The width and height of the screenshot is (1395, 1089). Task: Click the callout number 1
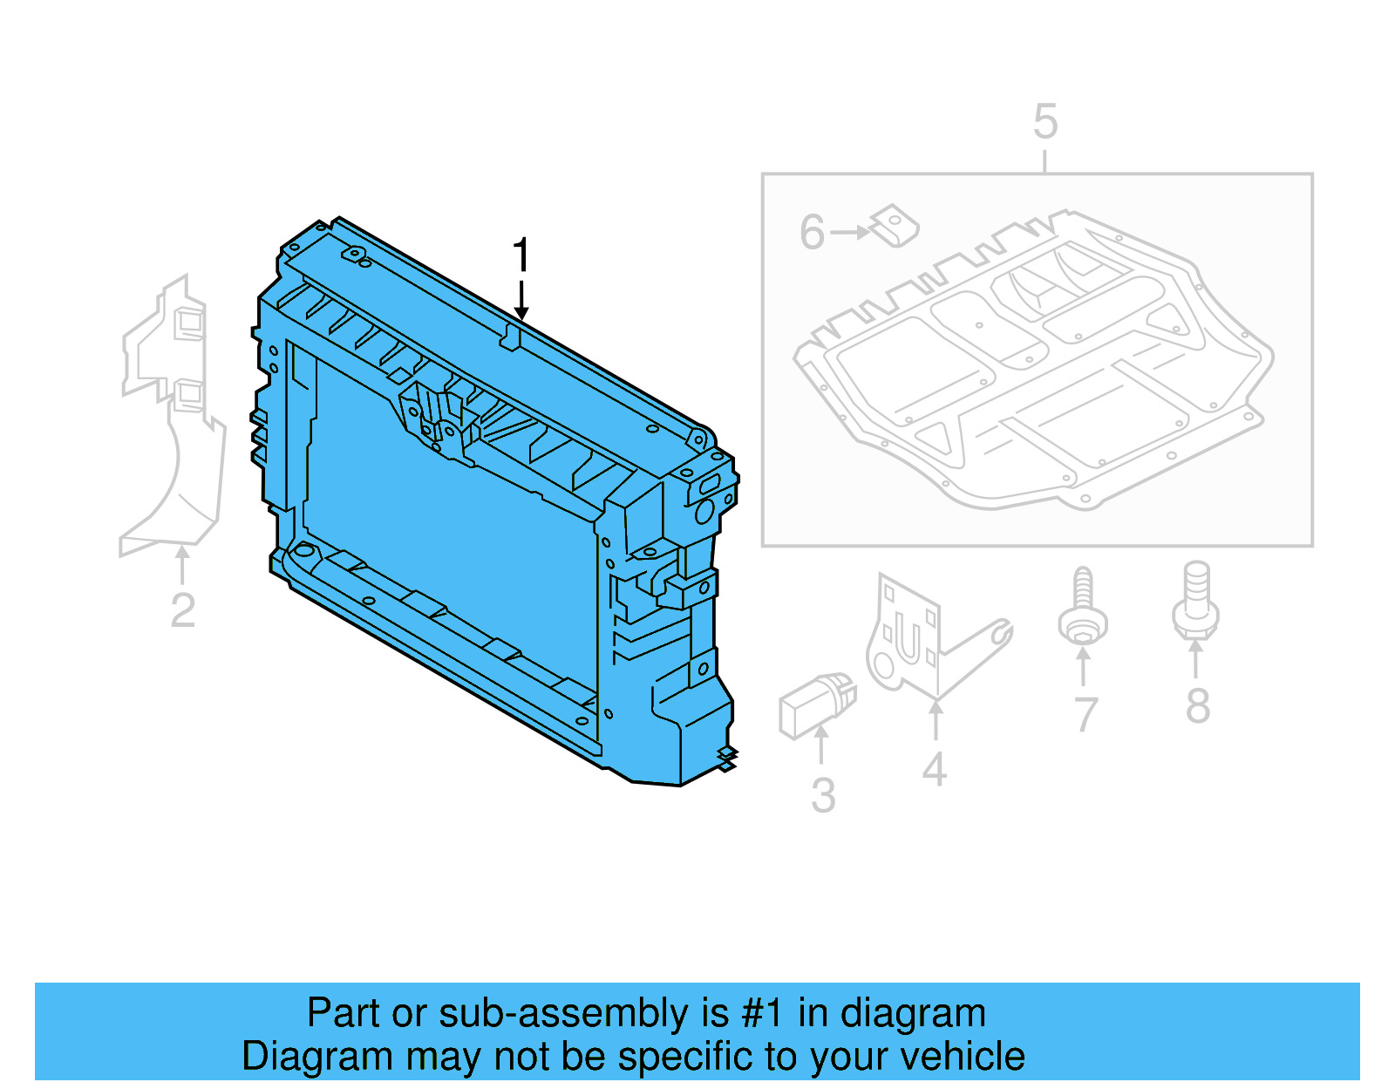[521, 255]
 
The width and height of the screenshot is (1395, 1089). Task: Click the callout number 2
[182, 609]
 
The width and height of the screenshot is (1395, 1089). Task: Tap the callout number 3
[823, 795]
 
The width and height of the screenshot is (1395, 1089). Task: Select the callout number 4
[935, 769]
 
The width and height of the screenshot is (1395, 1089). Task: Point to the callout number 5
[1045, 122]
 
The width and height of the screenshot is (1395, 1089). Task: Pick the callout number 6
[812, 232]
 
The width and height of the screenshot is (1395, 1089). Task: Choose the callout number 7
[1085, 715]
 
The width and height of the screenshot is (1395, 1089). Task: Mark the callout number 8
[1197, 705]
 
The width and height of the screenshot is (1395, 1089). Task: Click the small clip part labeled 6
[895, 226]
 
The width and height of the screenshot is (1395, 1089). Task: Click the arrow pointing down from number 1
[521, 301]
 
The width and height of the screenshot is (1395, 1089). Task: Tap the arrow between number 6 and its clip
[850, 232]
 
